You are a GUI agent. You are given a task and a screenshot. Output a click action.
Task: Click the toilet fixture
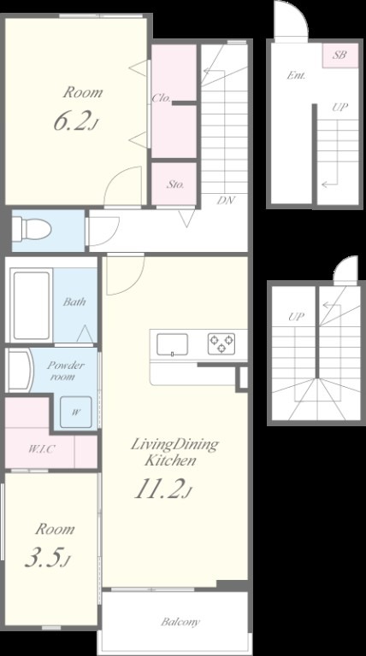pos(32,229)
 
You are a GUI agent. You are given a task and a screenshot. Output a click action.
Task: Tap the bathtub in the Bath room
pos(31,306)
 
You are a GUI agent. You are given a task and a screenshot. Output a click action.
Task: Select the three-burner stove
pos(221,343)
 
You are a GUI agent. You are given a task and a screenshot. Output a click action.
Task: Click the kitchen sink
pos(172,344)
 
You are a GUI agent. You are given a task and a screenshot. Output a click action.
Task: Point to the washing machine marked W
pos(75,412)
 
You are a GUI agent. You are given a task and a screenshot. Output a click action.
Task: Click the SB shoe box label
pos(339,55)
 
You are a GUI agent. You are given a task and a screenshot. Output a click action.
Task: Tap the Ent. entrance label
pos(296,76)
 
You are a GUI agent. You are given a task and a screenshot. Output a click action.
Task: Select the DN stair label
pos(226,200)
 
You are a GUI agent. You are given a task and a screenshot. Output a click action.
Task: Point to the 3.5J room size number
pos(47,559)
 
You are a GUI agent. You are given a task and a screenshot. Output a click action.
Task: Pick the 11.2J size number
pos(162,489)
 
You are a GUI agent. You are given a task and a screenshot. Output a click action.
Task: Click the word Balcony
pos(180,622)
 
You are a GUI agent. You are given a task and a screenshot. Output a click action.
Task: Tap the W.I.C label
pos(42,450)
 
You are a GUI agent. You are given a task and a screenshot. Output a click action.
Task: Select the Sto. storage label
pos(175,184)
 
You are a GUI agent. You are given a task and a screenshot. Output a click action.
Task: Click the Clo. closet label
pos(162,98)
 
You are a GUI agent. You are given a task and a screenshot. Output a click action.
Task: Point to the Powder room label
pos(65,371)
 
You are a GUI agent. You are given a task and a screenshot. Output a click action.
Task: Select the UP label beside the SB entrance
pos(339,107)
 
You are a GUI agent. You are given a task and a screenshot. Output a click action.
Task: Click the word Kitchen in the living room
pos(170,460)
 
